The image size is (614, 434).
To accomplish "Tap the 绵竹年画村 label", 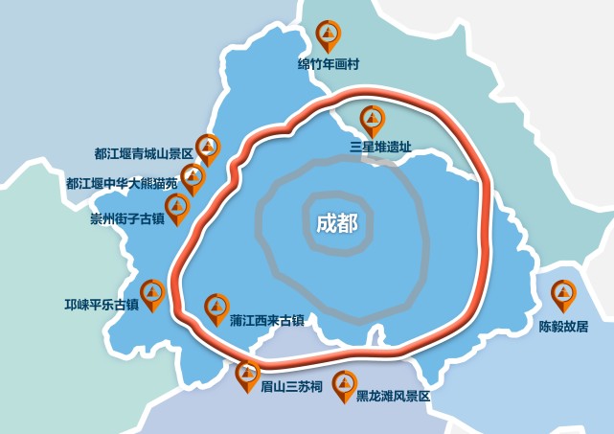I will click(x=328, y=66).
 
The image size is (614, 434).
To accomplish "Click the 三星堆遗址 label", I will click(x=380, y=148).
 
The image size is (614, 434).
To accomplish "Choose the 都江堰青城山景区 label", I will click(x=144, y=153).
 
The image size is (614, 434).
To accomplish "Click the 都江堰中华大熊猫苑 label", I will click(x=123, y=182).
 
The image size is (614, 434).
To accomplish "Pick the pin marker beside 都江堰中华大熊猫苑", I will click(x=193, y=177).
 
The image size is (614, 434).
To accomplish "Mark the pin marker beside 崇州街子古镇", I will click(x=178, y=208).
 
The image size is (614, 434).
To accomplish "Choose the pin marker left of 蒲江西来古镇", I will click(x=217, y=308).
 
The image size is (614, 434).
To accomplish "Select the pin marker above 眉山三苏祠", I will click(x=248, y=374).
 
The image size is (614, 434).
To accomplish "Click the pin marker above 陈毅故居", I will click(x=564, y=295).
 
